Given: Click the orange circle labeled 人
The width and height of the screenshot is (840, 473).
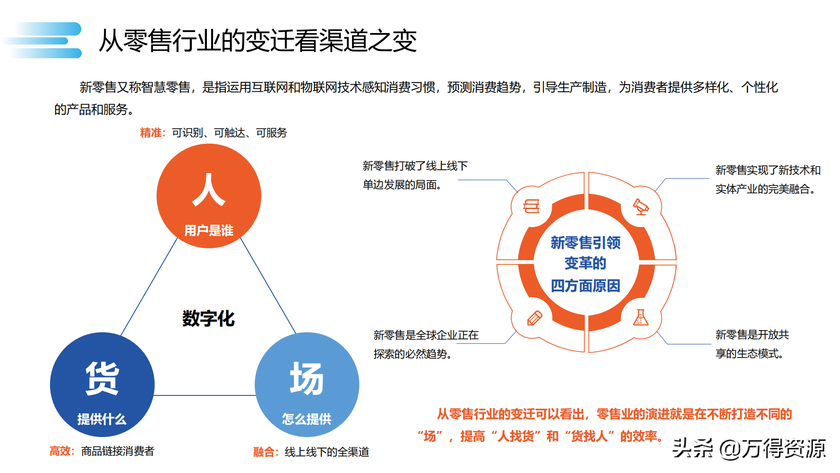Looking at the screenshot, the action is coord(208,196).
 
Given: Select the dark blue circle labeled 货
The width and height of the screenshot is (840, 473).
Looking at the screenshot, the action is coord(102,384).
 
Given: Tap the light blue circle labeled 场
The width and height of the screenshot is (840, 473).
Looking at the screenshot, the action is coord(307,384).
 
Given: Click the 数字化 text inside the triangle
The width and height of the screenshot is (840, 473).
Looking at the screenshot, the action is coord(208,318).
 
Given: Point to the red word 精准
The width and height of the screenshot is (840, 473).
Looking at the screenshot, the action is coord(152,133).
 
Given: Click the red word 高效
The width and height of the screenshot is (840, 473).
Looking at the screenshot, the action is coord(61,451).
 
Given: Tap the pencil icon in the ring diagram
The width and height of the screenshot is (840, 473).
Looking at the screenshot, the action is coord(534,318).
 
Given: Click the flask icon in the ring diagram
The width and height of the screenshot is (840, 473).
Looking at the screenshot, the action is coord(640,318).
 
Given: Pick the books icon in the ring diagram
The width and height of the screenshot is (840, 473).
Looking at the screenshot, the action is coord(531,206).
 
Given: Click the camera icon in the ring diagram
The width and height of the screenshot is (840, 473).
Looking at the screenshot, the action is coord(641,207).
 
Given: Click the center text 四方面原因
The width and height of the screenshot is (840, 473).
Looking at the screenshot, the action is coord(585,286).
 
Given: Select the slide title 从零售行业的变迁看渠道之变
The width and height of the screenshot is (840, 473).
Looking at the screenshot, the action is coord(257,41).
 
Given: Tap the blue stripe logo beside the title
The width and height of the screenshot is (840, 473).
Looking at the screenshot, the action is coord(45,40).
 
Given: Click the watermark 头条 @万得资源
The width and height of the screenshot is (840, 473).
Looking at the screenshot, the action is coord(748,448).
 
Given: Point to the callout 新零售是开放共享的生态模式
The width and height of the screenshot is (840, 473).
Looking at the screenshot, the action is coord(752,344).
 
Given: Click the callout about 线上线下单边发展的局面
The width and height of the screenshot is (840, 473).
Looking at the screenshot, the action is coord(414,175).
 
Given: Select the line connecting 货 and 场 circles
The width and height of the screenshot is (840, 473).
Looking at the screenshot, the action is coord(204,395).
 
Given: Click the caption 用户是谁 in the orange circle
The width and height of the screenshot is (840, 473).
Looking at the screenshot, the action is coord(208,230).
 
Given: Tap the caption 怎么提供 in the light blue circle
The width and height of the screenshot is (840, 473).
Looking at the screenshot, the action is coord(307,419).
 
